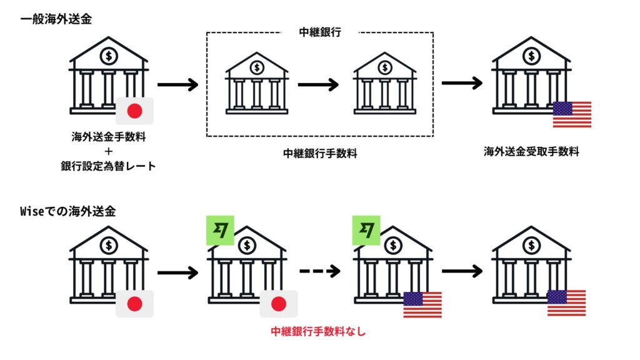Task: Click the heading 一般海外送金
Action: [x=56, y=19]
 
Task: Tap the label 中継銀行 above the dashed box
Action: [x=319, y=33]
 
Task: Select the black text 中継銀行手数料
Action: [x=320, y=153]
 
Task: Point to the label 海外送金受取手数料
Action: [x=531, y=151]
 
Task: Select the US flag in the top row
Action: [x=572, y=114]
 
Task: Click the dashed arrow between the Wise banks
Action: [x=320, y=271]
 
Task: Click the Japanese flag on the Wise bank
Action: [x=279, y=304]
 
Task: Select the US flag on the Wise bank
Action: [x=422, y=304]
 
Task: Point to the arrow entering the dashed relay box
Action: [x=177, y=84]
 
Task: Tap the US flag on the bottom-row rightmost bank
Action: [x=566, y=303]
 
